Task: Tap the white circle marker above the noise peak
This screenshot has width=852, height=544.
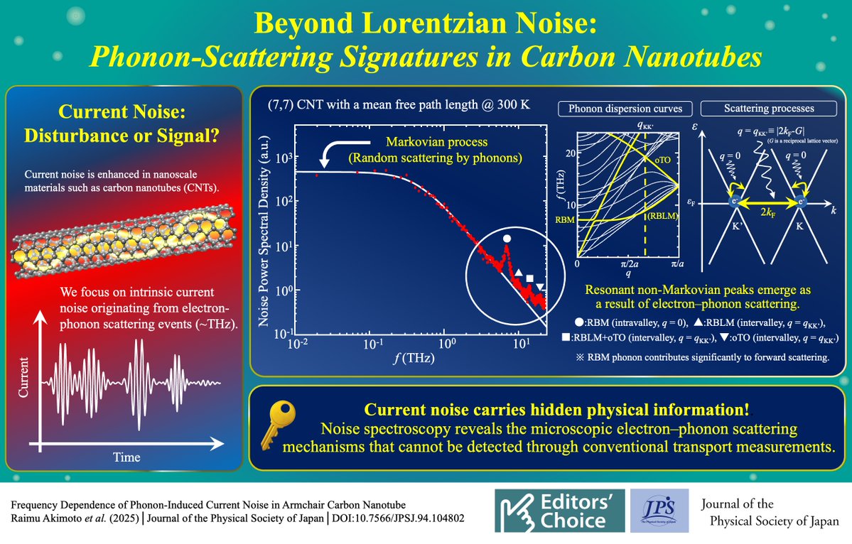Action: (x=506, y=239)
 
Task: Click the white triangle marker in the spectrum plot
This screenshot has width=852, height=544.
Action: (x=519, y=273)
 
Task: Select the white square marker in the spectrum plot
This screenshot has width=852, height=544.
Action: (x=529, y=278)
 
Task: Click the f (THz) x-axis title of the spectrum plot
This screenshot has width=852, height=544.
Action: (x=416, y=359)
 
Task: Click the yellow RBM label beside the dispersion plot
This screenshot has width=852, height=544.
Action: (x=565, y=221)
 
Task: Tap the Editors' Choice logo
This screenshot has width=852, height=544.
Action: (x=561, y=511)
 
